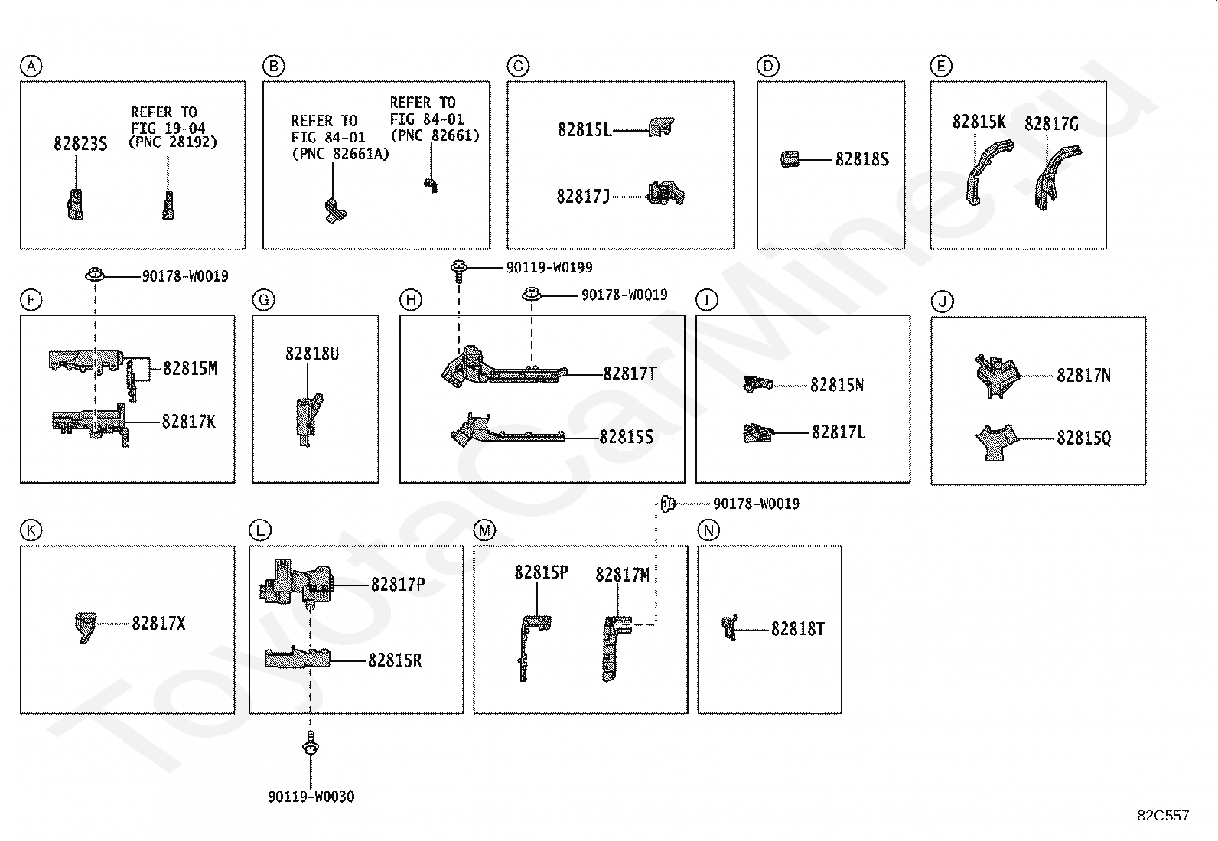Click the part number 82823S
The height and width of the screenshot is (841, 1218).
click(x=80, y=144)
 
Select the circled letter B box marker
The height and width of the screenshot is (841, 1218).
click(x=273, y=67)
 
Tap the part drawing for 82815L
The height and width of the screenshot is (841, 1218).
click(x=662, y=127)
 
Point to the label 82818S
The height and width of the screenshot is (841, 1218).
click(x=861, y=159)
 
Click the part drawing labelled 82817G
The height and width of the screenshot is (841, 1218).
click(x=1056, y=177)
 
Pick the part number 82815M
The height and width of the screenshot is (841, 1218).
click(x=190, y=368)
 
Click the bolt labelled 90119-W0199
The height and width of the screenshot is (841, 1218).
click(x=459, y=271)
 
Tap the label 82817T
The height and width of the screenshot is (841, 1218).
click(x=630, y=373)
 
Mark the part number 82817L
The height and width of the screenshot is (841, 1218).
click(x=838, y=432)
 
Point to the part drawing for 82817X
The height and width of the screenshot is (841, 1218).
click(x=86, y=627)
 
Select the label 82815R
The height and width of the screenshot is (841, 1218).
click(x=395, y=660)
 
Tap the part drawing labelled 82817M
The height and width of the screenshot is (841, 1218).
click(x=616, y=648)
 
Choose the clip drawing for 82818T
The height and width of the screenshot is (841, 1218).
click(x=729, y=627)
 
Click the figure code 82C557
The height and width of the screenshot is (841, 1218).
click(x=1163, y=815)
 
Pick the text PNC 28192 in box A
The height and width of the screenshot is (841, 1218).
click(x=173, y=142)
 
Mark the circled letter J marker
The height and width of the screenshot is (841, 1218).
click(x=942, y=302)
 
